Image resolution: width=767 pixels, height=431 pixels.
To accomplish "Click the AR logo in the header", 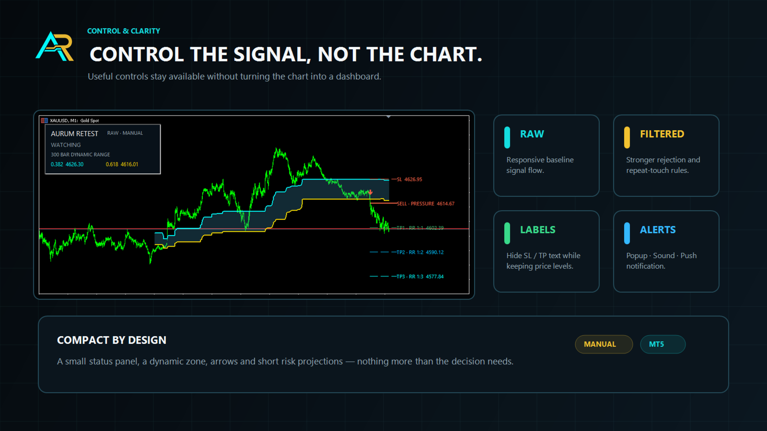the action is click(55, 46).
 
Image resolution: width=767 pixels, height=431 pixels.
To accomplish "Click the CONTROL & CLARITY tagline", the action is click(124, 31).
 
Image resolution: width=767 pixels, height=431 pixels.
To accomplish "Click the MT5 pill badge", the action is click(662, 344).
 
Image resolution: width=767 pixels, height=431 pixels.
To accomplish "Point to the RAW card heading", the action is click(532, 134).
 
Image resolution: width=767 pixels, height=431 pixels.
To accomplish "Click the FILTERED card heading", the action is click(662, 134).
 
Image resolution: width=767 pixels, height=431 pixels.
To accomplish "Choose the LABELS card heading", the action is click(537, 229).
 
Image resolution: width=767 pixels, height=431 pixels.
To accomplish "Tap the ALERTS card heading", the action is click(658, 229).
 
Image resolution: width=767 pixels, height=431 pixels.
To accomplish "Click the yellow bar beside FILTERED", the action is click(627, 137).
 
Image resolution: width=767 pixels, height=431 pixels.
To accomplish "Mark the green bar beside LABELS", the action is click(507, 233).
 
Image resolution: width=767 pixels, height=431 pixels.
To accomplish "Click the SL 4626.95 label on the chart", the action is click(409, 179).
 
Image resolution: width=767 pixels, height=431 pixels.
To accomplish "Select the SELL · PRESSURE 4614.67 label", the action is click(426, 204).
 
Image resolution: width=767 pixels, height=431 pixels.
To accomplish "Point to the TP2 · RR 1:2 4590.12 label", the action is click(420, 252).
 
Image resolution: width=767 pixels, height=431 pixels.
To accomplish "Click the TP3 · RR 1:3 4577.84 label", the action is click(420, 276).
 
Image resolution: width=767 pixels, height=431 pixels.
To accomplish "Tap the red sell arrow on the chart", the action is click(371, 193).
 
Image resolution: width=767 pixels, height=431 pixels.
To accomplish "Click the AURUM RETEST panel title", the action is click(74, 134).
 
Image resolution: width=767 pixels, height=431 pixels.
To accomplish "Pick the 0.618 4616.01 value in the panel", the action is click(122, 164).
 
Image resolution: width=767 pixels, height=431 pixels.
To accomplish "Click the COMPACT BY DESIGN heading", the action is click(112, 340).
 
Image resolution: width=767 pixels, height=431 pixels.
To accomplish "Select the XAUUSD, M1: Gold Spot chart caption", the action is click(74, 120).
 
